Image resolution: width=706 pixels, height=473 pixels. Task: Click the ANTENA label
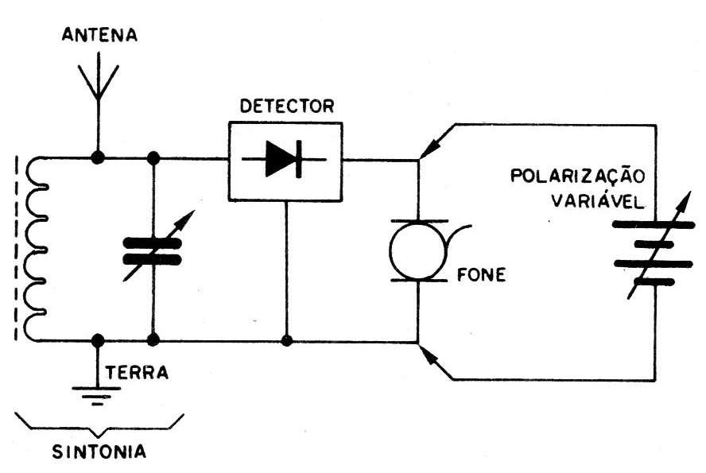(x=99, y=35)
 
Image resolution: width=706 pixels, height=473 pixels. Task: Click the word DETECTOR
(x=287, y=107)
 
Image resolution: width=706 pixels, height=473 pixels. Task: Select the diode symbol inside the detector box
(x=284, y=159)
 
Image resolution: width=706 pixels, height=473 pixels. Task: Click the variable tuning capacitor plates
(x=153, y=251)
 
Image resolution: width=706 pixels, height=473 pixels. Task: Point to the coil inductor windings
(x=35, y=249)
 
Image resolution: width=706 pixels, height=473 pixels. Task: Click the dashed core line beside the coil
(x=17, y=248)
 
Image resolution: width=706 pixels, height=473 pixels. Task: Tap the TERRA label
(x=137, y=373)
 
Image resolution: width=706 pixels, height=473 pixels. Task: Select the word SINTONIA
(x=99, y=452)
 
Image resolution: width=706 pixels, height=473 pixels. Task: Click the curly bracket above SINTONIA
(x=99, y=426)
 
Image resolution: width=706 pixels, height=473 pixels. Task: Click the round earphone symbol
(x=418, y=250)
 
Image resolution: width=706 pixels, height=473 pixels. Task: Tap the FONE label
(x=481, y=274)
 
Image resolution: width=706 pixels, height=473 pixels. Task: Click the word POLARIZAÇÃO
(x=578, y=175)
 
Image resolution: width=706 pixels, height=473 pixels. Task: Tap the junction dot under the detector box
(x=286, y=341)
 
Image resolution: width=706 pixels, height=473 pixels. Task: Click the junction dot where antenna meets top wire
(x=98, y=157)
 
